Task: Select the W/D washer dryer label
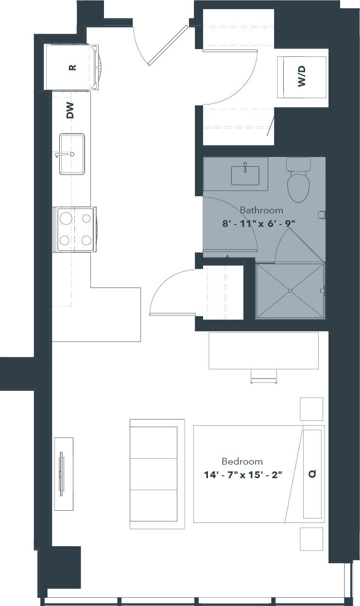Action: (x=302, y=77)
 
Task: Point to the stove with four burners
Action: (x=75, y=229)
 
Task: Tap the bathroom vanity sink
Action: (x=245, y=175)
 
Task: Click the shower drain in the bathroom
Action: (x=290, y=291)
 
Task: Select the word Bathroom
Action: (x=261, y=210)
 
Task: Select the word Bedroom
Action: (x=242, y=461)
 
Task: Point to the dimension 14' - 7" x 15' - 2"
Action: (x=243, y=474)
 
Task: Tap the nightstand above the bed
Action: (x=311, y=409)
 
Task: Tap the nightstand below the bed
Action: (x=311, y=539)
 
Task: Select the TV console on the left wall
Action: (x=64, y=473)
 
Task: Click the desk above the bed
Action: (x=263, y=350)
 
